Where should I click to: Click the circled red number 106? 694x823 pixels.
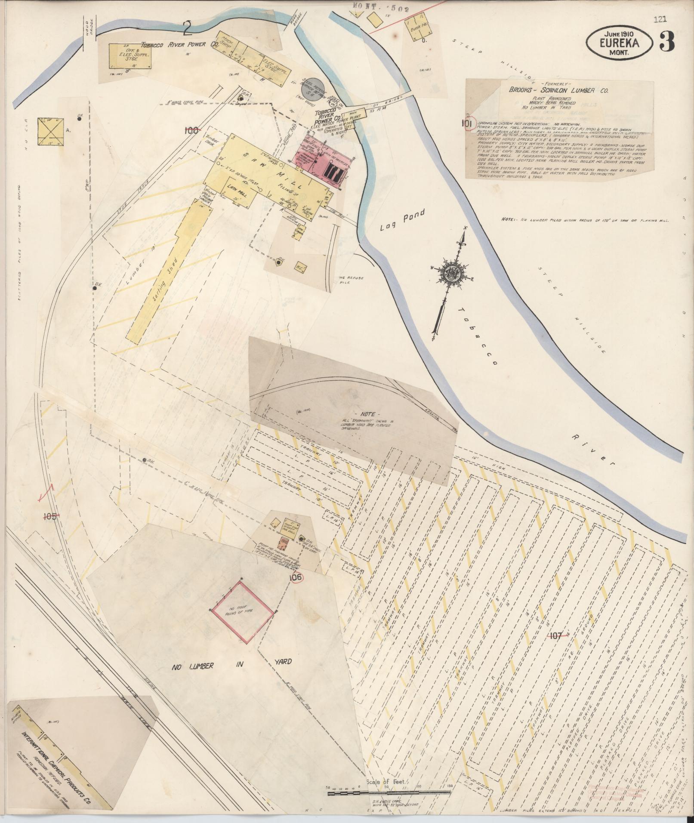(x=296, y=577)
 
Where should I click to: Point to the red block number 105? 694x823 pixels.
(x=50, y=516)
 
